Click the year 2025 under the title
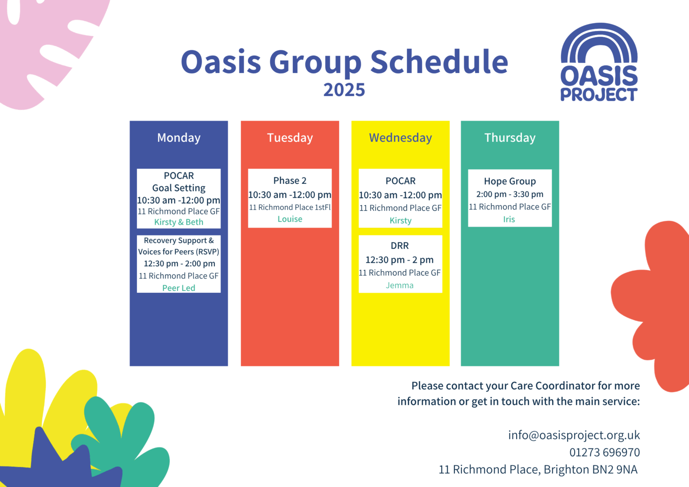point(344,90)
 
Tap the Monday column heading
point(179,138)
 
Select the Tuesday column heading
point(290,138)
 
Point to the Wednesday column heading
point(400,138)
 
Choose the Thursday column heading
point(510,138)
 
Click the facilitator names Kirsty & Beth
point(179,222)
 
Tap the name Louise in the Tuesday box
point(290,219)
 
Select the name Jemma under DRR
point(400,285)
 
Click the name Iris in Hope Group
point(509,219)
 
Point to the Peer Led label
point(179,288)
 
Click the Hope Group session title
point(510,181)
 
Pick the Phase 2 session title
point(290,180)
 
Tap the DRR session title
point(400,246)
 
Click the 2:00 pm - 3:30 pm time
point(510,194)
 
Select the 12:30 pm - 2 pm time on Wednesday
point(400,260)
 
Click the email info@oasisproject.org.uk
point(574,435)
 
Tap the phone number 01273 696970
point(604,452)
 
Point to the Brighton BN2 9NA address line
point(538,469)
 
